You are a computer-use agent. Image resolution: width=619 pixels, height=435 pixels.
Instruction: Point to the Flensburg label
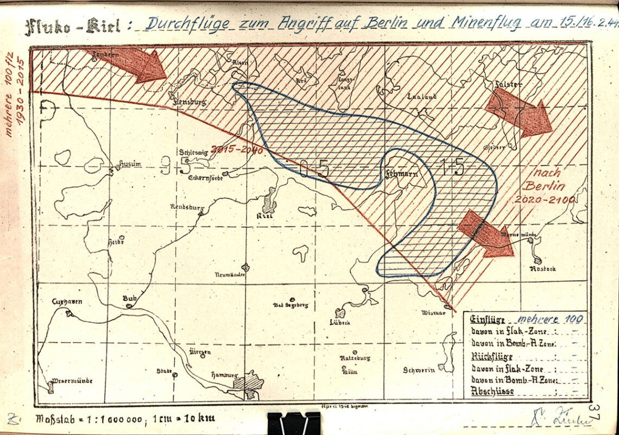coord(186,100)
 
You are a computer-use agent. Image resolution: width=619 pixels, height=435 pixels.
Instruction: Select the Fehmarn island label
coord(398,174)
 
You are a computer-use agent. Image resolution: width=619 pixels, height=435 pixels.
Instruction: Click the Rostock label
coord(544,269)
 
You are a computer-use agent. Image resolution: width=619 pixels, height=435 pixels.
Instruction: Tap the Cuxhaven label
coord(67,301)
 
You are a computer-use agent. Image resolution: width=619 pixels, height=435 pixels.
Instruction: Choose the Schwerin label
coord(419,370)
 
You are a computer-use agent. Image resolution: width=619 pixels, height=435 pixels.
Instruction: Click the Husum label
coord(130,164)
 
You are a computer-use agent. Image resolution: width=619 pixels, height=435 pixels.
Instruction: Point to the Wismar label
coord(434,313)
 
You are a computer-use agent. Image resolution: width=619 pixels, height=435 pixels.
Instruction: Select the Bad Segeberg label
coord(290,305)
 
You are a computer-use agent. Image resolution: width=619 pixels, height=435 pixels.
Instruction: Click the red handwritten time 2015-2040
coord(237,149)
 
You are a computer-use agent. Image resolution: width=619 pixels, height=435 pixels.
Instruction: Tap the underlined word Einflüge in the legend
coord(488,319)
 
